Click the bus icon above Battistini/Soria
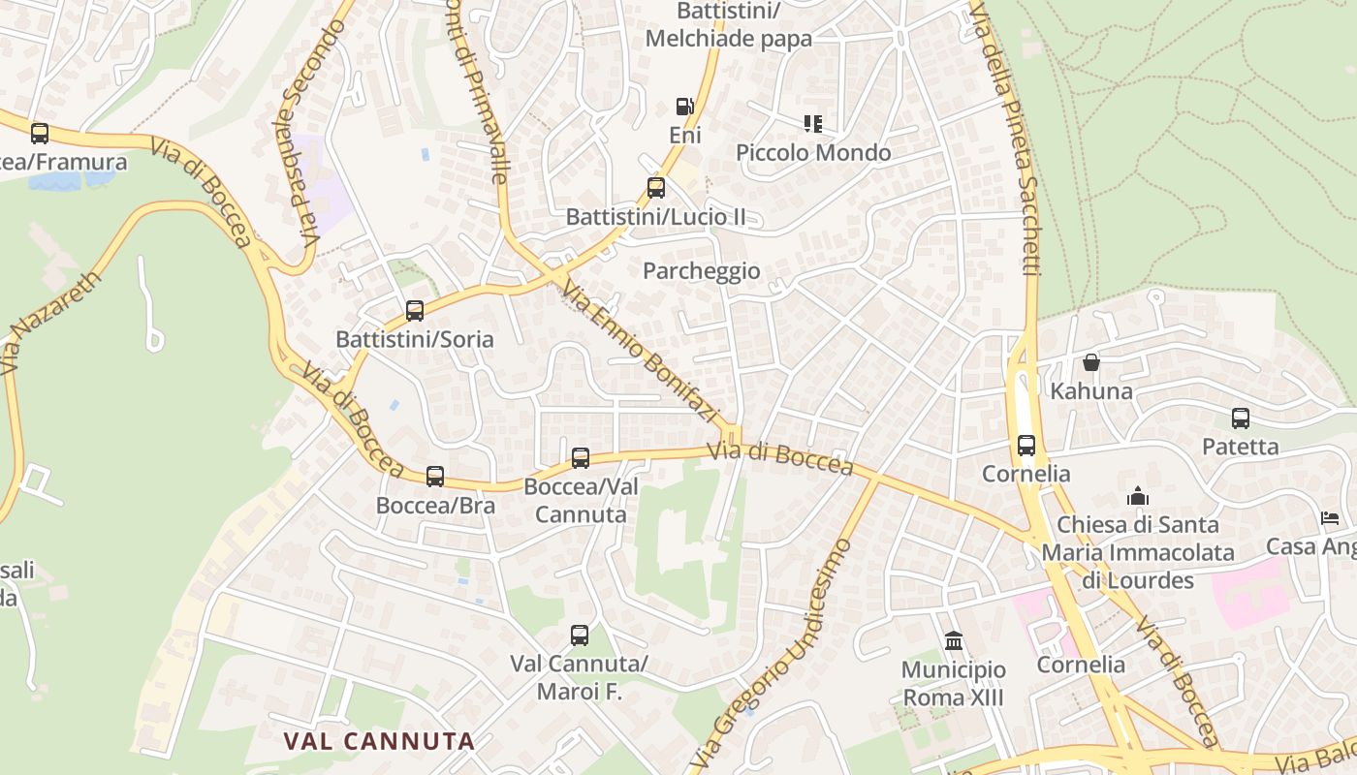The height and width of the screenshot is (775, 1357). (x=415, y=311)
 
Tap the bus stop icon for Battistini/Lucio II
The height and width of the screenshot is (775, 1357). (x=656, y=188)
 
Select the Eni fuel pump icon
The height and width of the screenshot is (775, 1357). (x=684, y=107)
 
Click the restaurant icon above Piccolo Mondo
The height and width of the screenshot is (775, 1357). (x=812, y=124)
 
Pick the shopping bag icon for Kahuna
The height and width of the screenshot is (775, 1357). (x=1091, y=362)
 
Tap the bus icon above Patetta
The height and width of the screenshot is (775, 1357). (x=1241, y=418)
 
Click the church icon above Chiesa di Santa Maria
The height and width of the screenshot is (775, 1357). (x=1138, y=497)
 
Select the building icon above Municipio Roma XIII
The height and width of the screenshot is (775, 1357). (x=954, y=641)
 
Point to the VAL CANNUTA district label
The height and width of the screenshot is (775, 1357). (x=379, y=741)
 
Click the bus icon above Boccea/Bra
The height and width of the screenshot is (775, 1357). (x=435, y=477)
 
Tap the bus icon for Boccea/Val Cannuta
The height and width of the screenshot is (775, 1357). (x=581, y=458)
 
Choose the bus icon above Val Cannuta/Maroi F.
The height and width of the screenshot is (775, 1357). (x=580, y=636)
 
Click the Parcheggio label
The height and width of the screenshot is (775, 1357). (x=702, y=271)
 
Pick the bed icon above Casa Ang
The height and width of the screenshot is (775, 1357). (x=1330, y=518)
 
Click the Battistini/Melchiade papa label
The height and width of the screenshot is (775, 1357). (x=728, y=25)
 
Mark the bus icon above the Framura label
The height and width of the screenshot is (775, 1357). (x=40, y=134)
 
